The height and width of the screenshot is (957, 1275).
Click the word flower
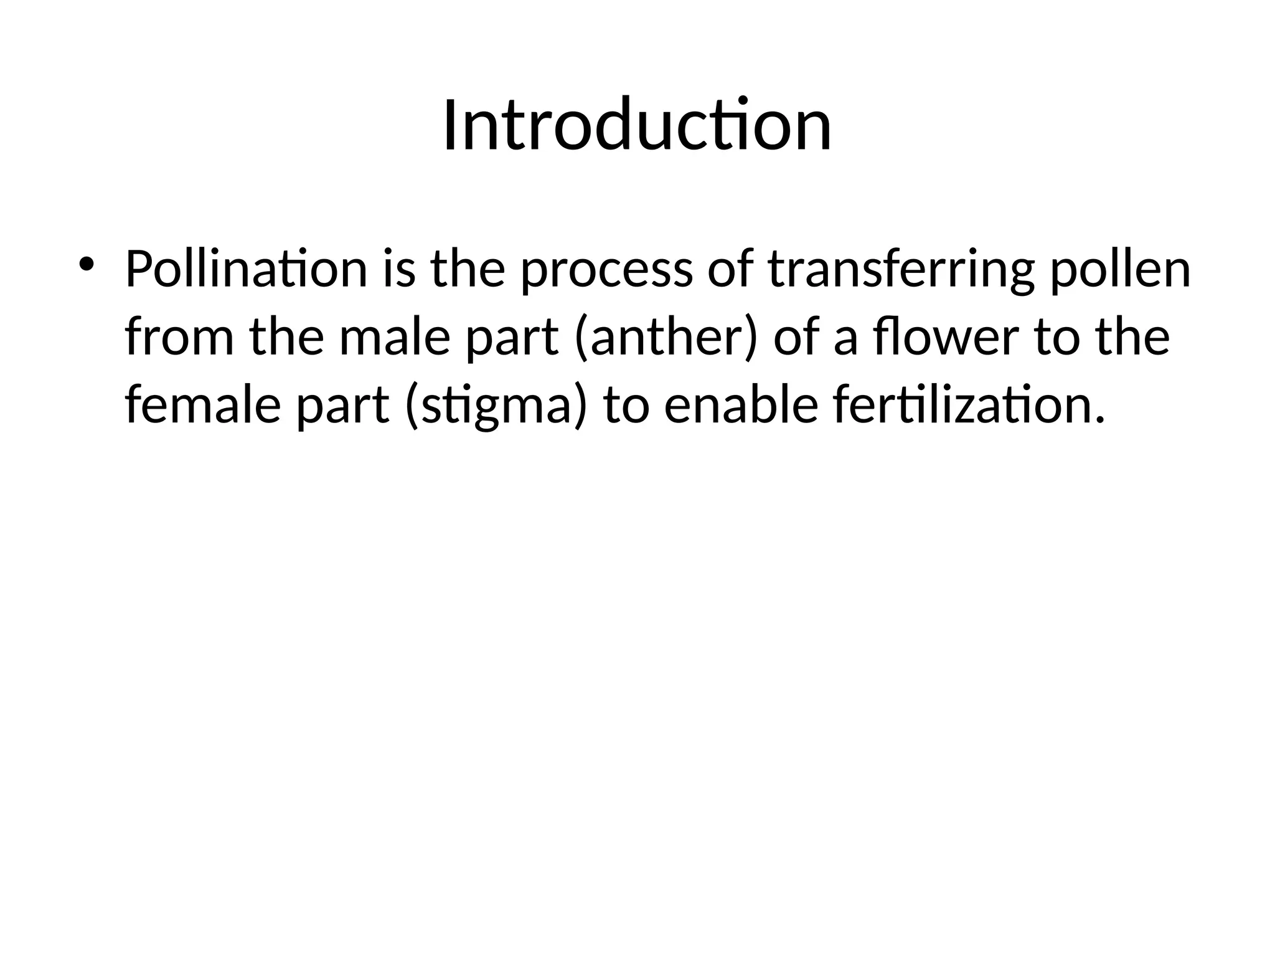click(945, 338)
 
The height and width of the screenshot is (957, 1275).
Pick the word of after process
click(730, 269)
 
